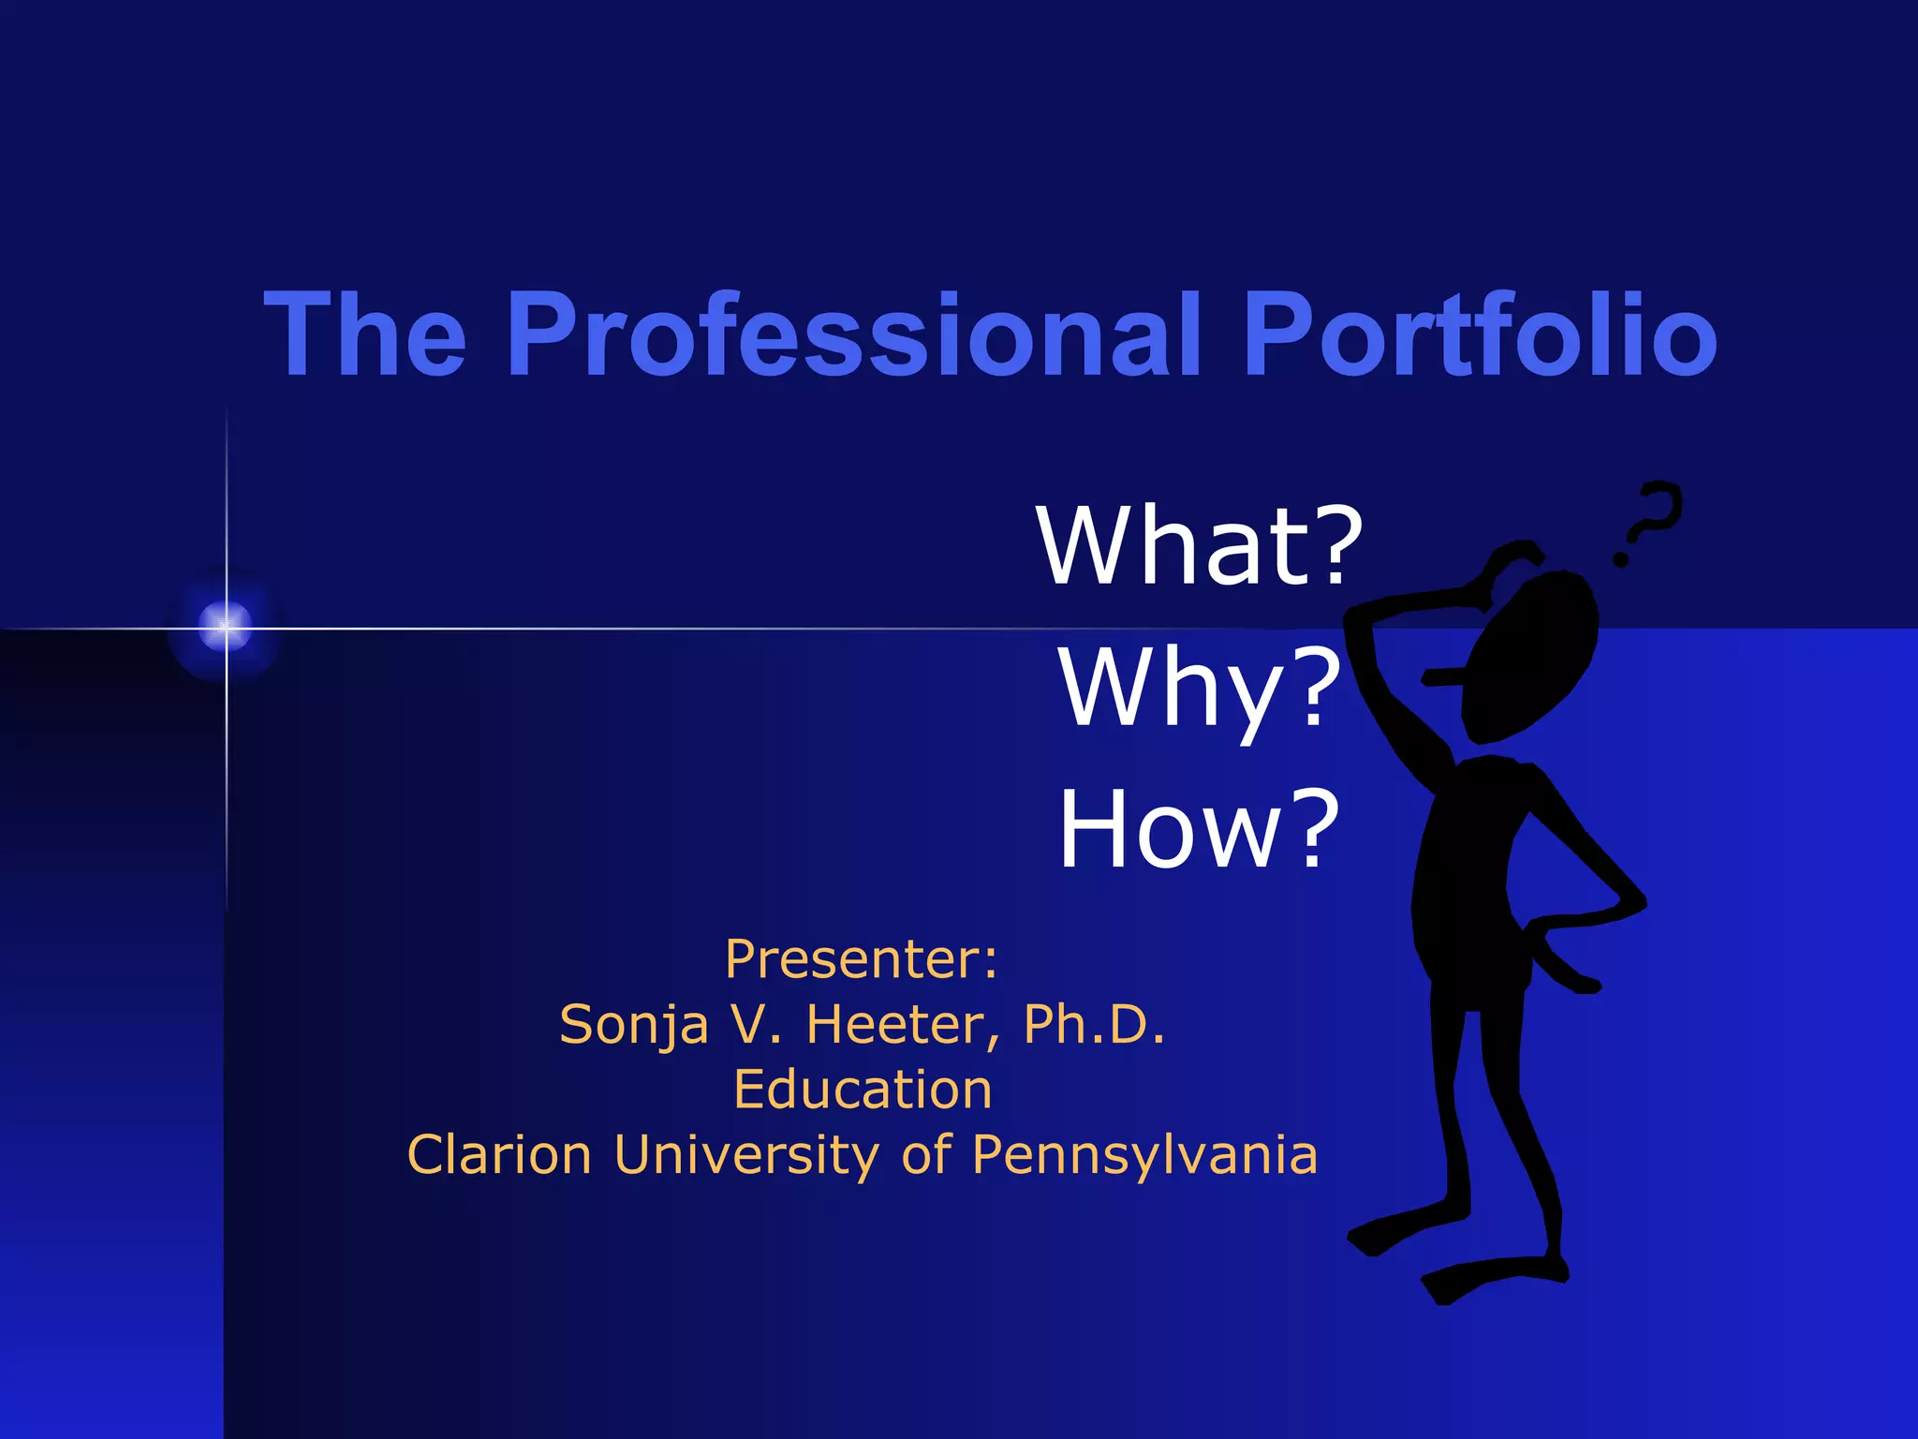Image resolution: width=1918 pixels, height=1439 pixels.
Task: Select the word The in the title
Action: [365, 334]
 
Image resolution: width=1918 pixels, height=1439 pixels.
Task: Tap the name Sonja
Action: [633, 1024]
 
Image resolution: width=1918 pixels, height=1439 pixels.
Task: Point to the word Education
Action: [863, 1090]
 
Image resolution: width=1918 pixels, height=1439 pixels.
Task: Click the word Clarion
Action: [499, 1154]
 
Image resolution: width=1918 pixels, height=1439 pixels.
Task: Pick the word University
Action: [746, 1154]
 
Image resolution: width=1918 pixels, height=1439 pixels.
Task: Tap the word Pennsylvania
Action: [1144, 1154]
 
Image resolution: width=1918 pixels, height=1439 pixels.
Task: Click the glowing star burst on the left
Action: [226, 627]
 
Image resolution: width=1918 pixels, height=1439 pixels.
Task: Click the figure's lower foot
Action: [1489, 1279]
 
